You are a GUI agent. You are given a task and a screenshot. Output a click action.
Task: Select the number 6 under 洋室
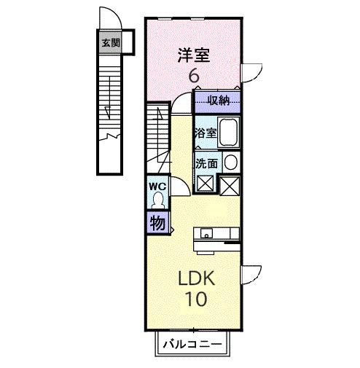(194, 75)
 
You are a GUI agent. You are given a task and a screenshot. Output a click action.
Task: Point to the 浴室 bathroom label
(206, 133)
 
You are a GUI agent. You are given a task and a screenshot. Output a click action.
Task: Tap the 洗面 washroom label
(206, 163)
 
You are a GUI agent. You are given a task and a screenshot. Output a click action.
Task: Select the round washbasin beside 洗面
(230, 163)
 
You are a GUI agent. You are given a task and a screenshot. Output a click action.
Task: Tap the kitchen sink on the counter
(207, 235)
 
